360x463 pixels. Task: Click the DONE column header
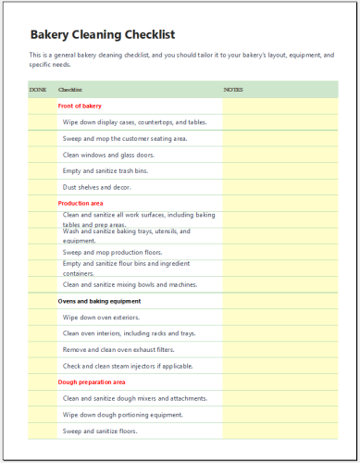point(38,90)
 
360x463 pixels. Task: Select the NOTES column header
point(233,90)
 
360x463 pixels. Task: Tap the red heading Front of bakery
point(80,106)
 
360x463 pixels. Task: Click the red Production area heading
point(81,203)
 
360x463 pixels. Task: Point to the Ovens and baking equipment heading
point(99,301)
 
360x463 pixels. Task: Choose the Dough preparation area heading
point(92,382)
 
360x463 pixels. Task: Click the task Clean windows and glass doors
point(108,155)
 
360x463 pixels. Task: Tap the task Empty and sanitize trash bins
point(106,170)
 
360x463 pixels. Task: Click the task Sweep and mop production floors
point(112,252)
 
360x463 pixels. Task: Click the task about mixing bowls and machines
point(130,284)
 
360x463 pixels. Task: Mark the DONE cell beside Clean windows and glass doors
point(41,155)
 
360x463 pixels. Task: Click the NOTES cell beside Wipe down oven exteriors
point(279,317)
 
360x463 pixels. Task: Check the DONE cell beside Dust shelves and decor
point(41,187)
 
